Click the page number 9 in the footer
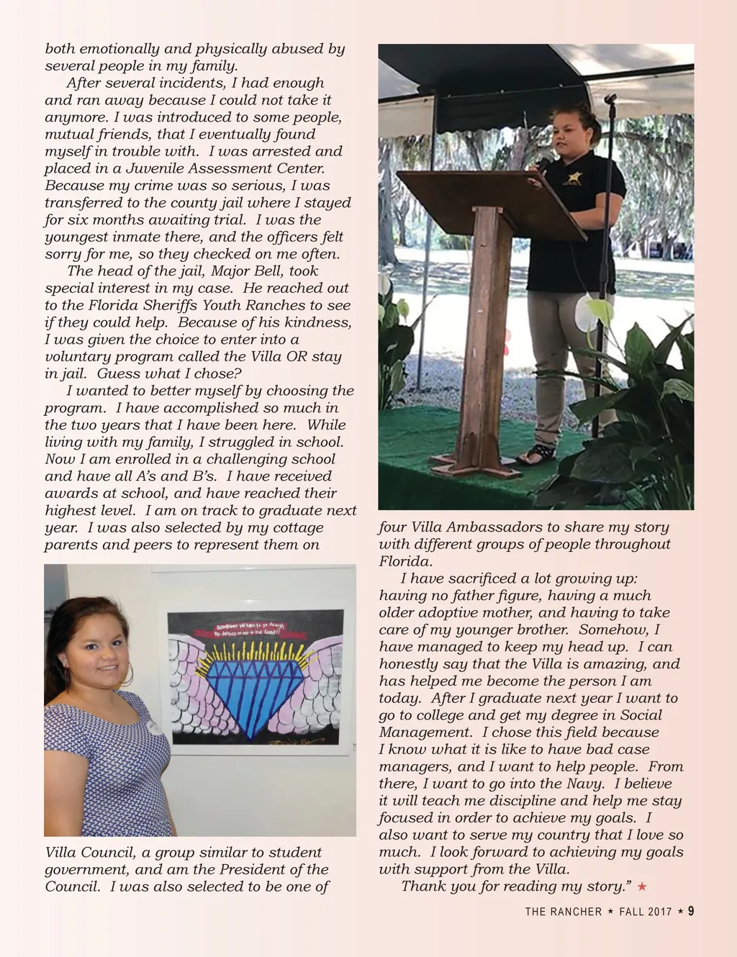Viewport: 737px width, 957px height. (x=691, y=911)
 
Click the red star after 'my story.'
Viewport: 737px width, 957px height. (x=642, y=886)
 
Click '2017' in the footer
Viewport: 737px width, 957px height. (x=660, y=912)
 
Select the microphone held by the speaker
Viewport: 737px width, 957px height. (x=541, y=165)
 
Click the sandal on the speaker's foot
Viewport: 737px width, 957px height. (x=538, y=454)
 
